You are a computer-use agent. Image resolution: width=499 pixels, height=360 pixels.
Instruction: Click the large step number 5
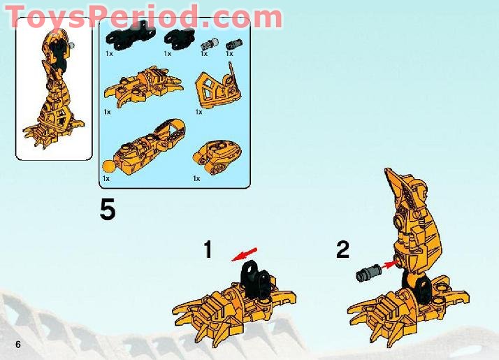(x=108, y=209)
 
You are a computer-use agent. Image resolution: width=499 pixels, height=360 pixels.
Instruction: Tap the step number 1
(x=207, y=250)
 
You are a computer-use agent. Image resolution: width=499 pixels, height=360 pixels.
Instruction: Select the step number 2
(x=342, y=250)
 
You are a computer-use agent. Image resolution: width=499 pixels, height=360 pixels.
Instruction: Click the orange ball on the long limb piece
(x=108, y=166)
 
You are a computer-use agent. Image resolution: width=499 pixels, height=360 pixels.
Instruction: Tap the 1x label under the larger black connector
(x=109, y=53)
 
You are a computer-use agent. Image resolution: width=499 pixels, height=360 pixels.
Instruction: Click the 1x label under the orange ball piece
(x=106, y=179)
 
